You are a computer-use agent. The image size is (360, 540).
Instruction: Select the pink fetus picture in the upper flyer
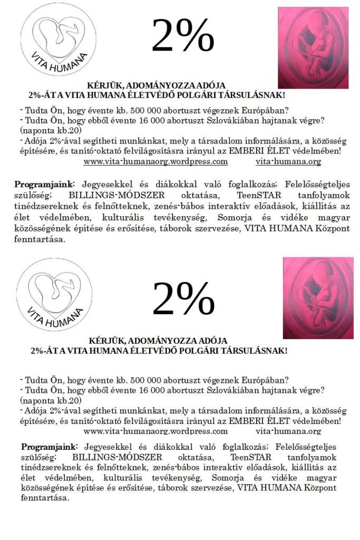point(313,47)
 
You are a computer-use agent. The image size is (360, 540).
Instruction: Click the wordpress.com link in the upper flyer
point(155,161)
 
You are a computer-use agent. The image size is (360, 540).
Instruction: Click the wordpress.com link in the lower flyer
point(155,431)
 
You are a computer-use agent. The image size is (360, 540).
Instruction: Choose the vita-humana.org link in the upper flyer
point(288,161)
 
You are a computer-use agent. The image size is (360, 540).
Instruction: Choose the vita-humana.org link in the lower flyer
point(288,431)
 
